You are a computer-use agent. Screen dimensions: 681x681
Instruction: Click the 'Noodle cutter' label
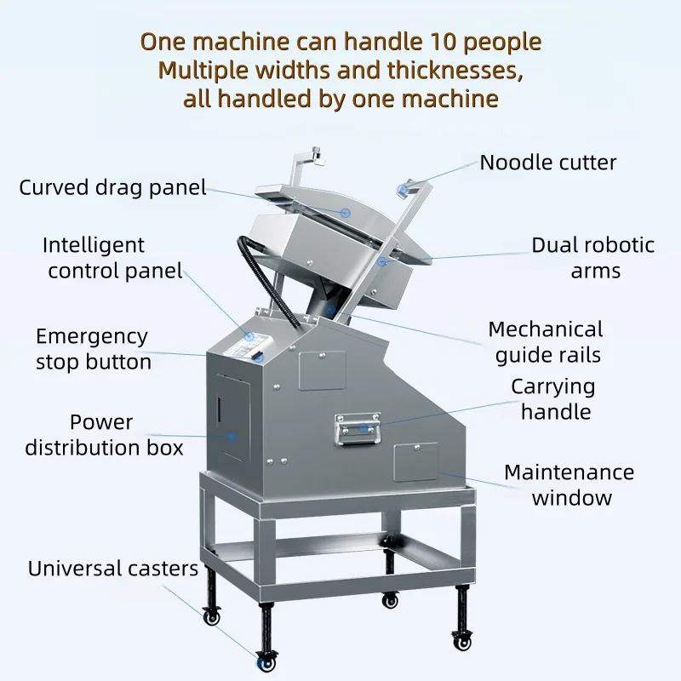click(x=548, y=163)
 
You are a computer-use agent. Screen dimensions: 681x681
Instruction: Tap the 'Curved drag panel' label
click(x=113, y=187)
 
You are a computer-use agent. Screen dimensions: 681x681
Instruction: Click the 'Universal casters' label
click(x=113, y=569)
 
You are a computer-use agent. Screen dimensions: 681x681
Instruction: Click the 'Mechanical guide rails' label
click(x=546, y=341)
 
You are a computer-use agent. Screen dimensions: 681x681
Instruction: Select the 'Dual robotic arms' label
click(x=593, y=258)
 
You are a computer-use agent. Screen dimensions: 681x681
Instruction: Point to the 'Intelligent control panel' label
click(x=113, y=258)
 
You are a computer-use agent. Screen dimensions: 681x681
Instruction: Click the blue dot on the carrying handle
click(x=363, y=427)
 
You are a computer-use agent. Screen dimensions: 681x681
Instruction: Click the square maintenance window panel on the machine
click(x=416, y=463)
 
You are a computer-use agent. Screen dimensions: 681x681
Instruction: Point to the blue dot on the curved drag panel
click(x=346, y=212)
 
